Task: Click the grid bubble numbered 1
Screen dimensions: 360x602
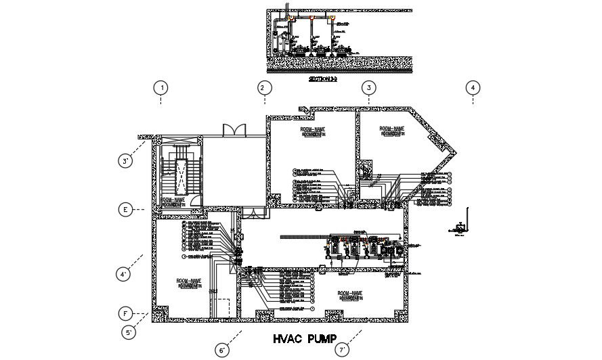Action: [x=160, y=87]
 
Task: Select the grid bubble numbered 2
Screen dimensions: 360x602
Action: [x=265, y=87]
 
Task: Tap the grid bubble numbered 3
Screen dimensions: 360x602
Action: [x=368, y=87]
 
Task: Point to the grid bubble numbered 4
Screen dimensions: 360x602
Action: [x=473, y=87]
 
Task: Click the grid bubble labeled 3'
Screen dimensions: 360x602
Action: [x=126, y=161]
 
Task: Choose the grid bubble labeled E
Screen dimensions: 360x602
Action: [x=125, y=210]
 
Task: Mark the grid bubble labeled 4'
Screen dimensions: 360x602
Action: [x=124, y=274]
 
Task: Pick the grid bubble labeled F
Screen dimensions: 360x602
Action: [x=125, y=314]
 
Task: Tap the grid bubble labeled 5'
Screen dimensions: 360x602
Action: [x=129, y=332]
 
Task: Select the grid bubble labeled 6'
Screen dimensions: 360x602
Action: [x=223, y=350]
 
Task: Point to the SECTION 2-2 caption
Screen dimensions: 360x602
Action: [x=322, y=79]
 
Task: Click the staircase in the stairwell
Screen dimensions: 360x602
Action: [x=181, y=173]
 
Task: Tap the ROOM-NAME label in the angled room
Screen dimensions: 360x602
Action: [x=391, y=129]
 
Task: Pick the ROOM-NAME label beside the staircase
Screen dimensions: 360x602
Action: [x=173, y=200]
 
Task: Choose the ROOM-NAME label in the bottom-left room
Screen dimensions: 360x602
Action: [x=188, y=281]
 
